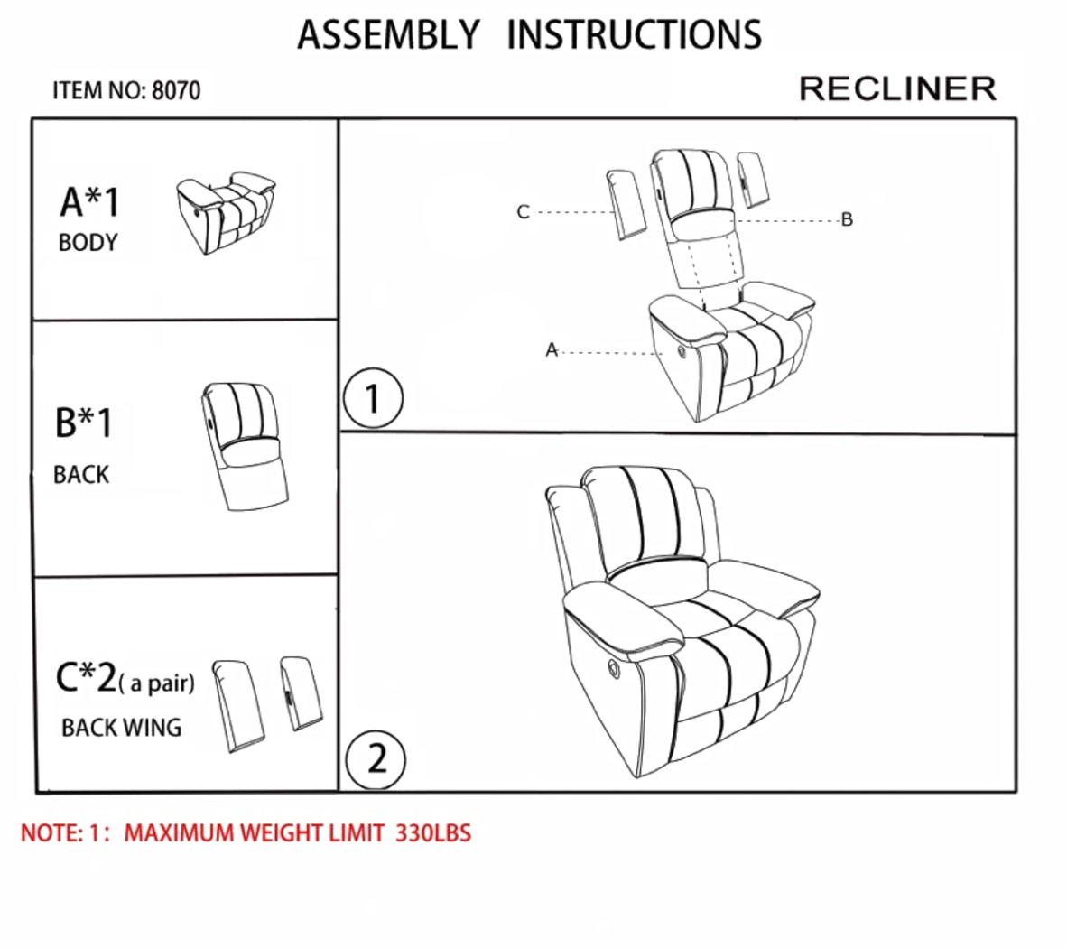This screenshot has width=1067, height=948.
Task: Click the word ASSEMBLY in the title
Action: pos(389,35)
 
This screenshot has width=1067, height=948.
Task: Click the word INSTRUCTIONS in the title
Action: pos(634,35)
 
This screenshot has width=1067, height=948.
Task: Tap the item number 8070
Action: pos(176,91)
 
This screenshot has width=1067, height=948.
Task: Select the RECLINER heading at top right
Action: pos(897,89)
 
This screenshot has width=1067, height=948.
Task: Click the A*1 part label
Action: pos(89,201)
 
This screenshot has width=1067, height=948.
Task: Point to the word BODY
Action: pos(88,243)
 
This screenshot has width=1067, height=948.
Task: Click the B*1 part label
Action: pos(84,423)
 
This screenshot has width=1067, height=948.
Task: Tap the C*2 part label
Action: pos(86,677)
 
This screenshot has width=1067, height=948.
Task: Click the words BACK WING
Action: pos(121,728)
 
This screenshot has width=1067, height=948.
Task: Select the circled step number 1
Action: pos(372,398)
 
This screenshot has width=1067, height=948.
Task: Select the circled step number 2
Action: pos(376,758)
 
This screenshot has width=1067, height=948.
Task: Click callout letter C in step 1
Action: pos(523,212)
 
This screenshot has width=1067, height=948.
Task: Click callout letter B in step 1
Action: pos(847,219)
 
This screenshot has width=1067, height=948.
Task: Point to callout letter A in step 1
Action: pos(552,350)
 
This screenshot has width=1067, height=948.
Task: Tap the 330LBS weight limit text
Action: pos(433,832)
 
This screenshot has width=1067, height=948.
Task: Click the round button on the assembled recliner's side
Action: pos(615,669)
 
